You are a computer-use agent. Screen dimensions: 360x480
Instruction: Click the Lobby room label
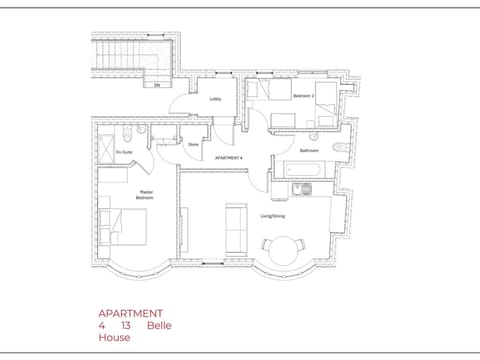215,99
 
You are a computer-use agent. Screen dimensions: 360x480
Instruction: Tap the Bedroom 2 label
304,96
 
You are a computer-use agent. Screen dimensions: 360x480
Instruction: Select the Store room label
193,144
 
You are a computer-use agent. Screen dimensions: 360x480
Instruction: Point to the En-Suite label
124,152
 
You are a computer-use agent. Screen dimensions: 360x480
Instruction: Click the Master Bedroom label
144,195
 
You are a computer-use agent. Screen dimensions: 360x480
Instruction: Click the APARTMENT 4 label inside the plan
229,158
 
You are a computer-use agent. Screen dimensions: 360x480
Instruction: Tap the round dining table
281,247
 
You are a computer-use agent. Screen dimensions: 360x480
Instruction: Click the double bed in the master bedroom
126,228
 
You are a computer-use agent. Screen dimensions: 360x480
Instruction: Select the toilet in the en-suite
143,131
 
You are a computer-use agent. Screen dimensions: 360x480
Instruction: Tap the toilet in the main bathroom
337,149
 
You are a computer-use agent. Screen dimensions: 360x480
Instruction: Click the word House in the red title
114,338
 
